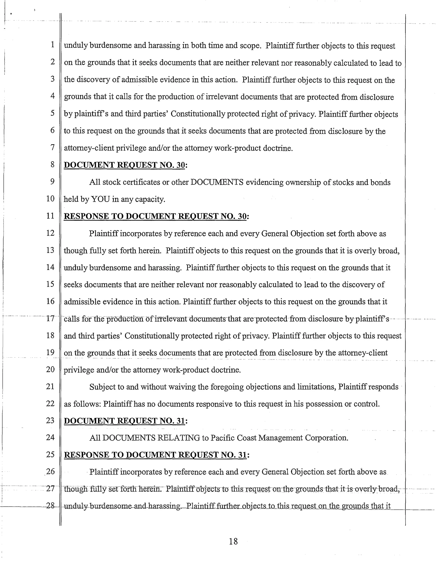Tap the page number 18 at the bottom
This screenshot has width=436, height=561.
[233, 541]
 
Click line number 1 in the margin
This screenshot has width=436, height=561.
[52, 45]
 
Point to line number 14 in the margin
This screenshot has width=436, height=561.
[50, 267]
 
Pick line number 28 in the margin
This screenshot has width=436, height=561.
[50, 505]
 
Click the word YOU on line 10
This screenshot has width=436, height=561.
[100, 199]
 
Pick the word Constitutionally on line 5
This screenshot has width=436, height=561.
[198, 114]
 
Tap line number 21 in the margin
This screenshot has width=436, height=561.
[50, 386]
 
